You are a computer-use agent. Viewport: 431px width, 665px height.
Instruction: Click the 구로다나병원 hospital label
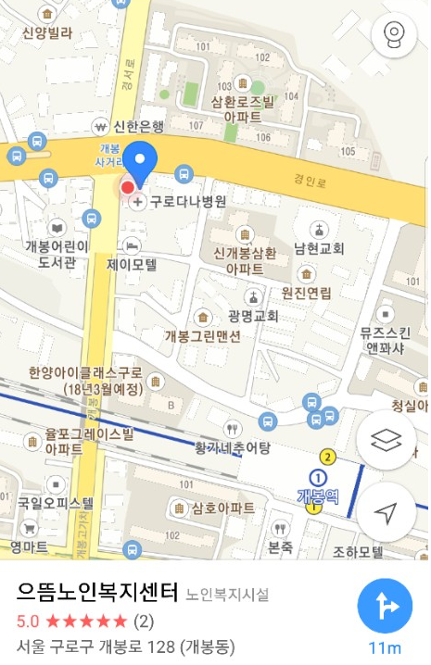188,201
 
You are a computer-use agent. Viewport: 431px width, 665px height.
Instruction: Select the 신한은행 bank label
138,126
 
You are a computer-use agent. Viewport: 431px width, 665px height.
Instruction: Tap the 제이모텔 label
133,264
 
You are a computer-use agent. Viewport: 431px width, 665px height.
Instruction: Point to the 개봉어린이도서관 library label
57,254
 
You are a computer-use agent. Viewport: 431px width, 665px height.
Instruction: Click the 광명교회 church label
252,315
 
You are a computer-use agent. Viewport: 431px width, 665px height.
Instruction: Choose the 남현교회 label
319,248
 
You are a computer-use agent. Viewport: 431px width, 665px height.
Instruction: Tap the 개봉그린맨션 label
203,336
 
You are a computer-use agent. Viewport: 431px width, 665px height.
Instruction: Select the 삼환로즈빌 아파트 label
243,109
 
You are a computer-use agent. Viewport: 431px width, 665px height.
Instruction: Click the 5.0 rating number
28,620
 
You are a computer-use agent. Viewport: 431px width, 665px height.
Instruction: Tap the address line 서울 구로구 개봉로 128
125,646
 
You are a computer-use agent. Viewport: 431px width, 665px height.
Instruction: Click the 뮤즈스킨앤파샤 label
383,341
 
